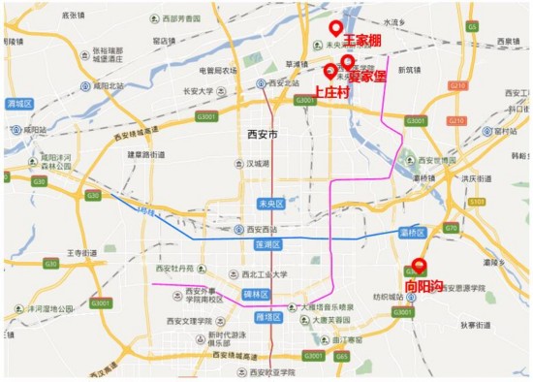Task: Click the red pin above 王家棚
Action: tap(336, 28)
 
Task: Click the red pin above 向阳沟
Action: tap(419, 266)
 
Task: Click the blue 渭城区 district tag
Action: tap(19, 103)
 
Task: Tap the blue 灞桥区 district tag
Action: tap(415, 234)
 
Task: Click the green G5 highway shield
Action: tap(472, 27)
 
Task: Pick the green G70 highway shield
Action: tap(450, 228)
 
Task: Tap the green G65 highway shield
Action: tap(341, 357)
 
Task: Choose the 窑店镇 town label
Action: tap(165, 41)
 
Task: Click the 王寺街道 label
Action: tap(81, 252)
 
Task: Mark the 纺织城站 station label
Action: tap(388, 296)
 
